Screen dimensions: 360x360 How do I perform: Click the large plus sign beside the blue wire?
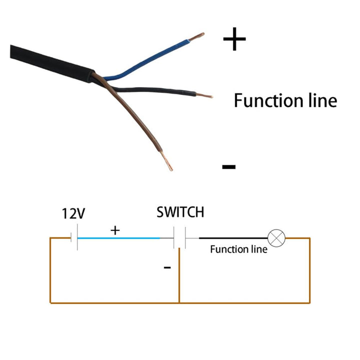pos(234,39)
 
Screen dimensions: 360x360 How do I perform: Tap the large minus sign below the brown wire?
pos(228,166)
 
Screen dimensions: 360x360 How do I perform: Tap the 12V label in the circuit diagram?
pos(73,214)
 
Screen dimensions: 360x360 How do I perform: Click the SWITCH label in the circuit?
pos(180,212)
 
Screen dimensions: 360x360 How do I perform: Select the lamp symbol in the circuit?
pos(276,238)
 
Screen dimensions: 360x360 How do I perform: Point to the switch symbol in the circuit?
pos(179,238)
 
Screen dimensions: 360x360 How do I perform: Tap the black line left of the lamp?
pos(233,238)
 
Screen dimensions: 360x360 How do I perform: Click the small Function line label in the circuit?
pos(238,249)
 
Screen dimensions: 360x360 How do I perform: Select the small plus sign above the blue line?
pos(115,230)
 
